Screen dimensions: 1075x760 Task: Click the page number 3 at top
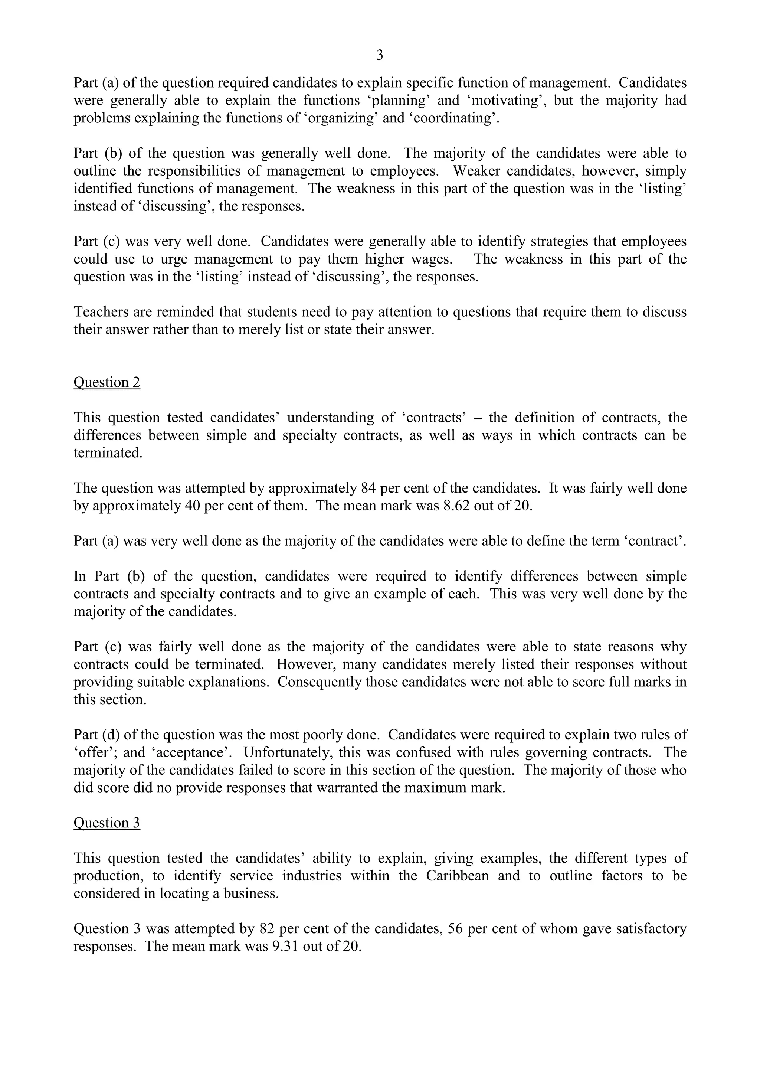pos(380,56)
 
